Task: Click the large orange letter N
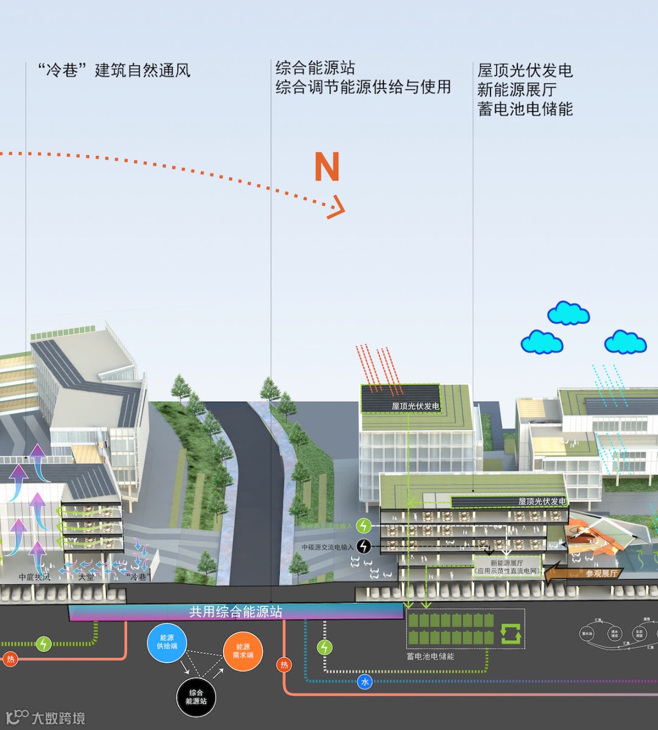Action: click(327, 167)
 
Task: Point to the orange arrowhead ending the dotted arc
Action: click(336, 209)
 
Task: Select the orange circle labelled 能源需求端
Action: click(242, 651)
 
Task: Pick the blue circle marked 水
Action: click(364, 682)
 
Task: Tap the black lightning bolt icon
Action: click(364, 546)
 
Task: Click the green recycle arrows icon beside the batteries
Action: click(511, 633)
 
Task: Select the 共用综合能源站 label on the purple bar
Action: click(236, 612)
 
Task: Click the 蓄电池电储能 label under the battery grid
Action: click(431, 656)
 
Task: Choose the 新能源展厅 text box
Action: click(507, 567)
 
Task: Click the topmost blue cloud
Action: click(568, 314)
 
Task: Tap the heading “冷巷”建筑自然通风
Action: click(114, 71)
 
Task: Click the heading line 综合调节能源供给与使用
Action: click(363, 87)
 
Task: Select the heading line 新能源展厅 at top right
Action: click(517, 89)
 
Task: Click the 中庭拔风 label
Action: click(35, 577)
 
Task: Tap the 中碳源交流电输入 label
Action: click(327, 547)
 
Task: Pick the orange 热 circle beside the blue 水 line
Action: click(284, 665)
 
